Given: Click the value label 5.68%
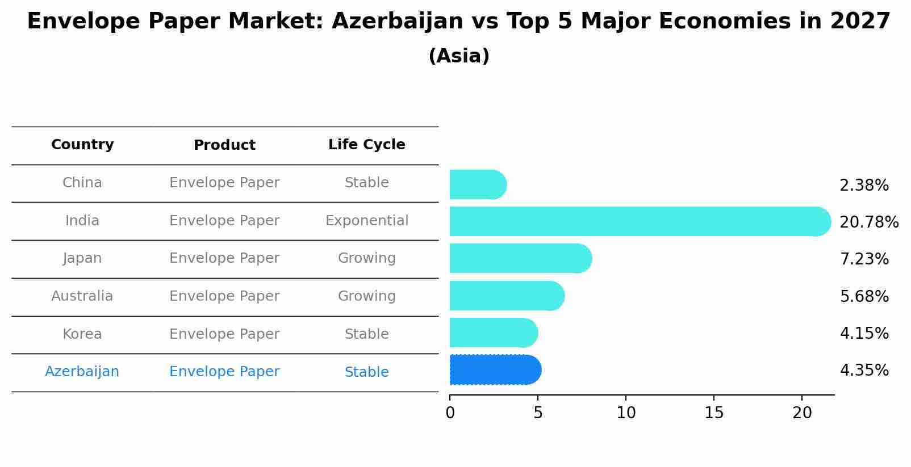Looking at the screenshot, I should coord(864,296).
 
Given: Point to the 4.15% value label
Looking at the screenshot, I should coord(864,333).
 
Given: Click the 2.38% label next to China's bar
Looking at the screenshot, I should coord(864,186).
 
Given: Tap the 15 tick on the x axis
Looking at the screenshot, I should coord(714,413).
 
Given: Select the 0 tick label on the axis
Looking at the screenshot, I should coord(450,413).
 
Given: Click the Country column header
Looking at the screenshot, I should coord(82,145).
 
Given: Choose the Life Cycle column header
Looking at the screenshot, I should coord(366,145).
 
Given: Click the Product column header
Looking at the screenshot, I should coord(224,145).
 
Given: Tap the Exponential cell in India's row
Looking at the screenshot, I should coord(366,221).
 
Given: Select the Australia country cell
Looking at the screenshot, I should coord(82,296).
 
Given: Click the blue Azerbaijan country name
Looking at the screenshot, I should coord(82,372).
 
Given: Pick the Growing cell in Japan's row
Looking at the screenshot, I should coord(366,258).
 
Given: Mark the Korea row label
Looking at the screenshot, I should coord(82,334).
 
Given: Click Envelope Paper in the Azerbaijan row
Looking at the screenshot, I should coord(224,372).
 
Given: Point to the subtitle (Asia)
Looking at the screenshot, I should coord(459,56).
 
